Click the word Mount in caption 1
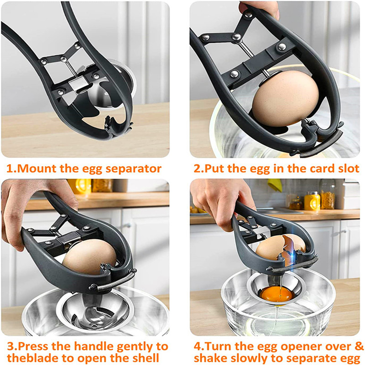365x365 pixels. point(37,168)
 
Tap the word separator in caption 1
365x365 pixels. point(133,169)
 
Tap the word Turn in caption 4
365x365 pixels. point(218,346)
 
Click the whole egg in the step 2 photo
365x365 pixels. point(285,99)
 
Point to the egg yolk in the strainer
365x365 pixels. point(276,294)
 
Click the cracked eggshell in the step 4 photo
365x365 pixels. point(281,247)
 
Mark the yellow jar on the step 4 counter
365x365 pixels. point(312,201)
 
